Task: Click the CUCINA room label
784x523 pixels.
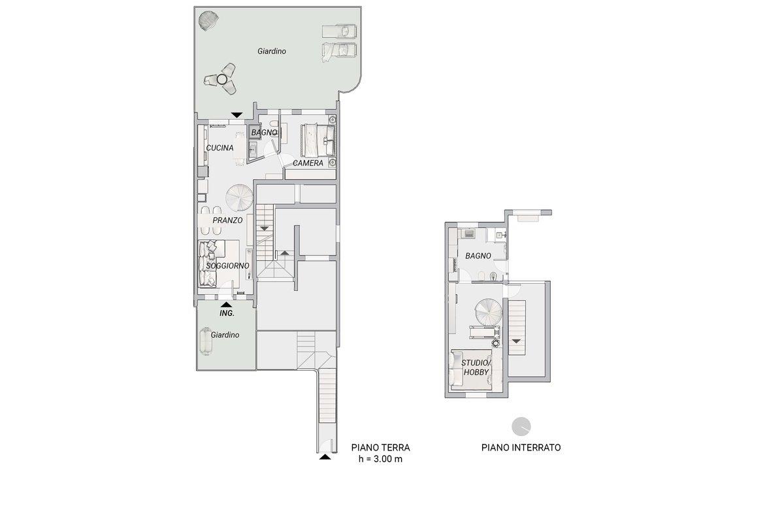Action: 220,148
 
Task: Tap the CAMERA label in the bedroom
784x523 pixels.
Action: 308,163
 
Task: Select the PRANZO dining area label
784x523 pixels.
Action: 227,220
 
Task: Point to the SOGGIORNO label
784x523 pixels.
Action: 227,266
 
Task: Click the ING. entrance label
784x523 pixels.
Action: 227,313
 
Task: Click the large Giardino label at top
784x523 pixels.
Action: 272,51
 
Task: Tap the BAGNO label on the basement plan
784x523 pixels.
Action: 478,256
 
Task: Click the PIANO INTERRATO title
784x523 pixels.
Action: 521,447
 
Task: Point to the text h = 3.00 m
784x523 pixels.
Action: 380,459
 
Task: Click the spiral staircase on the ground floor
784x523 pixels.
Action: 239,198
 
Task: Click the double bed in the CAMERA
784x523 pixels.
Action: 318,141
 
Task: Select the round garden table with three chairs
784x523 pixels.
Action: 221,79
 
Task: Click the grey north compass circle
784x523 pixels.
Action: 521,427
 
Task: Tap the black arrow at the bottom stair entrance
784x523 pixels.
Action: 325,457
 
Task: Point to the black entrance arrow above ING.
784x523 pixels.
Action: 226,305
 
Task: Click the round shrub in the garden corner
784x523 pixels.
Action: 208,20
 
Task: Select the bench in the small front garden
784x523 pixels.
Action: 205,341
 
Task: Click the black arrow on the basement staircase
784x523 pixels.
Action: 516,341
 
